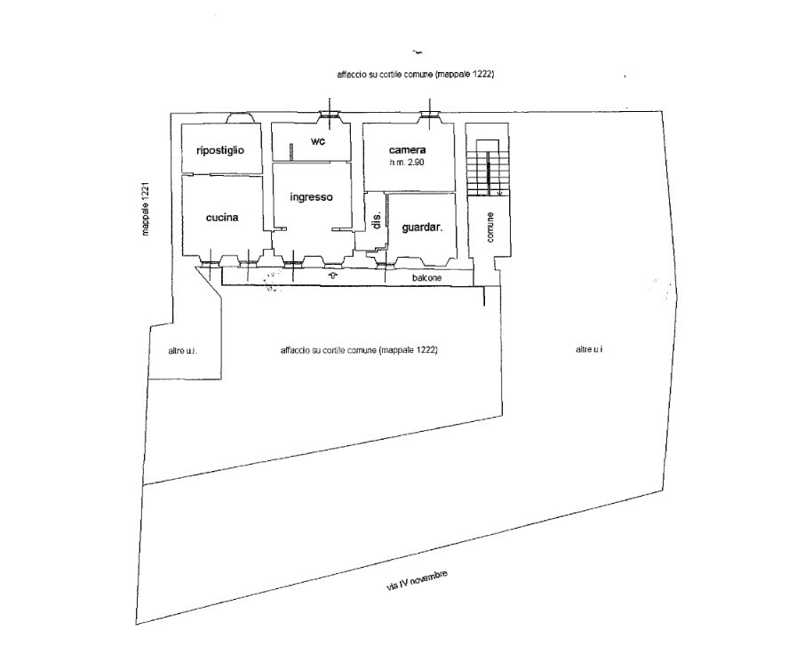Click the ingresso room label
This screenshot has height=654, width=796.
point(311,197)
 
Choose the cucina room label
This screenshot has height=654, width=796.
point(221,218)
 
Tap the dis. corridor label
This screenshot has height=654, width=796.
point(377,221)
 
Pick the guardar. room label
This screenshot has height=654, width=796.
point(422,227)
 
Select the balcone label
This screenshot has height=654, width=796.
point(427,278)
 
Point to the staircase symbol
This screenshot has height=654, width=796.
point(487,168)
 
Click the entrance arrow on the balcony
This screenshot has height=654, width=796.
point(333,276)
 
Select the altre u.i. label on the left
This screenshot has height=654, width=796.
point(182,351)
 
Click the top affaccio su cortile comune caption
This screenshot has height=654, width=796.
point(415,76)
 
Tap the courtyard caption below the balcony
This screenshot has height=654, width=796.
point(358,350)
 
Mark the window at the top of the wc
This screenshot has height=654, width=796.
point(330,115)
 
